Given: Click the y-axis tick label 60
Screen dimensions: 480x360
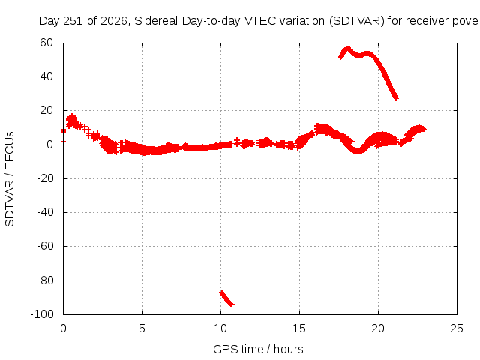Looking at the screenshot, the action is coord(46,43).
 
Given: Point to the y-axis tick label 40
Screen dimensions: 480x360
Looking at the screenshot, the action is coord(46,76).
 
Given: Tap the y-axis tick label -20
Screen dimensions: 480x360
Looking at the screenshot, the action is coord(45,178).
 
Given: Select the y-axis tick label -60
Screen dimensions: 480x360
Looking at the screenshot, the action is coord(45,246).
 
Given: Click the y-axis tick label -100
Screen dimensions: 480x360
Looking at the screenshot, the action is coord(42,313).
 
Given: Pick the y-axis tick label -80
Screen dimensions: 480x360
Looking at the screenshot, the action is coord(45,280).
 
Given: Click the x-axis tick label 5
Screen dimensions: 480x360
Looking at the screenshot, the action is coord(142,328).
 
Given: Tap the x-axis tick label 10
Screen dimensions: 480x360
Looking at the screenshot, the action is coord(220,328).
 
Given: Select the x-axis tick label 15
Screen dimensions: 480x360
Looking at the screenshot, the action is coord(299,328).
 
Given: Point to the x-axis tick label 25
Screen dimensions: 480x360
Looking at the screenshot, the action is coord(457,328).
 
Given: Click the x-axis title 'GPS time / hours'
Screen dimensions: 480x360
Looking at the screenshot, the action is coord(258,349).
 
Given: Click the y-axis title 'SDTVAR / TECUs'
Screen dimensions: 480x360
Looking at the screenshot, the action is coord(10,179).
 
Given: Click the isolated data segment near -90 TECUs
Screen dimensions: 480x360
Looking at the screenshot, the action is coord(226,298).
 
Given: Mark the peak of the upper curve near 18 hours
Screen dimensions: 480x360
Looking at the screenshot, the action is coord(347,48).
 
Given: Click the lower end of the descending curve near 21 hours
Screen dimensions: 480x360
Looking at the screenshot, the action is coord(397,98).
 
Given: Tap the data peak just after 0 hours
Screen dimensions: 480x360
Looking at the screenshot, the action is coord(72,117).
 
